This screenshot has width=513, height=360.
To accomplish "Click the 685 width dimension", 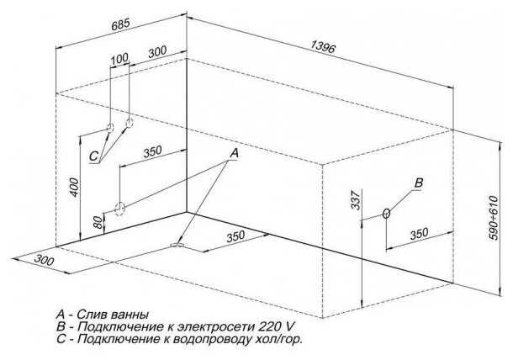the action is click(121, 25).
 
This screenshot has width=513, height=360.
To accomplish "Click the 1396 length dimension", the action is click(323, 46).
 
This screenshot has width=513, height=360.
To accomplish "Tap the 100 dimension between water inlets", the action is click(119, 59).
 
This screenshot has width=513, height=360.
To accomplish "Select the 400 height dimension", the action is click(75, 188).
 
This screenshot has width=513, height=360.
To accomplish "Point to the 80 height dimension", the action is click(98, 222).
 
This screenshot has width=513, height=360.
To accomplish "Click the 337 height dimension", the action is click(355, 199).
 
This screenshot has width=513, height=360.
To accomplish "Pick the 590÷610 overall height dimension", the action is click(494, 218).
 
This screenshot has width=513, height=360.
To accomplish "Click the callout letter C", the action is click(93, 156).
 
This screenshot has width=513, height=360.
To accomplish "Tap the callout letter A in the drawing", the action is click(234, 153).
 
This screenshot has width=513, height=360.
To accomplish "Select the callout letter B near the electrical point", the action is click(419, 183).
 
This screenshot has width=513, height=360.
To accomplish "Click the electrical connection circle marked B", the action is click(386, 214).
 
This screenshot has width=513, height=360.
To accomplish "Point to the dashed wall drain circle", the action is click(119, 209).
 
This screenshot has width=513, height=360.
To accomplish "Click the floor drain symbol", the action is click(177, 245).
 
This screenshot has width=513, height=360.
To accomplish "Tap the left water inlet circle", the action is click(110, 127).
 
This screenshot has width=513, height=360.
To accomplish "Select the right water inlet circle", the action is click(130, 123).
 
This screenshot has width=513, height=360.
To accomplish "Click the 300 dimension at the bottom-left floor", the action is click(44, 260).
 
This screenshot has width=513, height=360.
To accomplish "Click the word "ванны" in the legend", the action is click(130, 315).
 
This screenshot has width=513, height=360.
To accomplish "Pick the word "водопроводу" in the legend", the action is click(206, 339).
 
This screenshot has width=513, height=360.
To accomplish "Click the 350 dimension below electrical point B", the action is click(419, 234).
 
